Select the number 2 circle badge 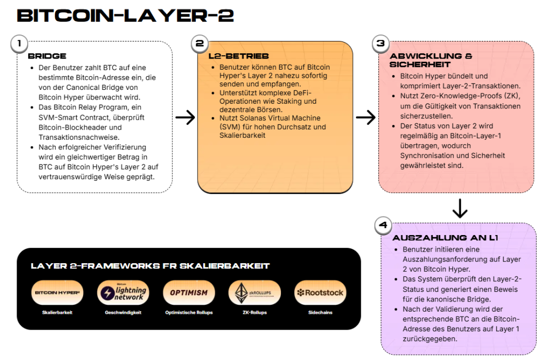(200, 44)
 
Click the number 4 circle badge (383, 225)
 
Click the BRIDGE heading (47, 56)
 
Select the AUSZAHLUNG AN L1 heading (445, 238)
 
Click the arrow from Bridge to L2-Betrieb (185, 118)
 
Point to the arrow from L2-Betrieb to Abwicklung (366, 118)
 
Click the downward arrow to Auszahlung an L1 (459, 208)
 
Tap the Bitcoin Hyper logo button (57, 292)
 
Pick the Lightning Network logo (123, 292)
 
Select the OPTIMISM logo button (188, 292)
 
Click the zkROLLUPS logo (254, 292)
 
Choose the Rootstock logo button (320, 292)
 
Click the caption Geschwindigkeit (123, 313)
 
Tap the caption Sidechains (320, 313)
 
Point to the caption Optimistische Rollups (188, 313)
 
